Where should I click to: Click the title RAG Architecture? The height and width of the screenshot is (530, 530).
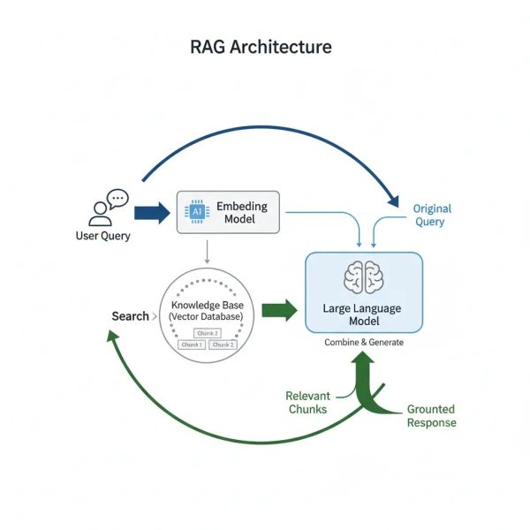261,46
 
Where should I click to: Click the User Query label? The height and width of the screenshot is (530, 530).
102,236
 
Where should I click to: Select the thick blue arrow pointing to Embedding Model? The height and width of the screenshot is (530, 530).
151,212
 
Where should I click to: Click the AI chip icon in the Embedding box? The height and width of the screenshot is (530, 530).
195,212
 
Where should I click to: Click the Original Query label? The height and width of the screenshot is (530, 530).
432,216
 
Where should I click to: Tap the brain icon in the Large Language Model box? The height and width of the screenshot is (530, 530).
363,278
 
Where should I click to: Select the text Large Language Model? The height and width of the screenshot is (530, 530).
363,314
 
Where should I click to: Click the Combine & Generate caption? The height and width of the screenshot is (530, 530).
363,342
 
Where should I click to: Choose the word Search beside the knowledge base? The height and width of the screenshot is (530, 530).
130,316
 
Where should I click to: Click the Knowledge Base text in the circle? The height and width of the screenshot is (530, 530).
208,305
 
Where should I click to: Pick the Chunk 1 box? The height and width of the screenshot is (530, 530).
192,344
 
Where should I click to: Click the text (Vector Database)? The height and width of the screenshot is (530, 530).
208,316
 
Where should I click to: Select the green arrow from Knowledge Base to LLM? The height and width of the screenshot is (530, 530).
280,310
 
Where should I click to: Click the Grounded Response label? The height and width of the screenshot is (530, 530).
431,416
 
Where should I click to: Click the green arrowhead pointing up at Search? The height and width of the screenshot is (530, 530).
112,337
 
